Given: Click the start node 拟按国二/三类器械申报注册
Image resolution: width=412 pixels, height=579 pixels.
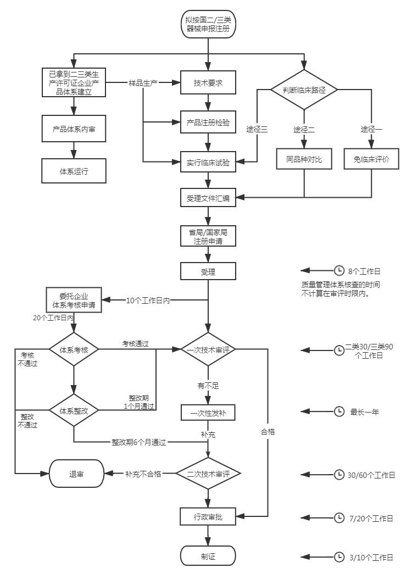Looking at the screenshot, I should (208, 24).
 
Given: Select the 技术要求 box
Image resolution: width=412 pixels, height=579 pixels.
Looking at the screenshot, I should (208, 83).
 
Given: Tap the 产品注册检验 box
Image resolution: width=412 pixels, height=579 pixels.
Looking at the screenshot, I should (208, 122).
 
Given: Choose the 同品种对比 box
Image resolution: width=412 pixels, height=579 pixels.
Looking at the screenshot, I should (304, 159).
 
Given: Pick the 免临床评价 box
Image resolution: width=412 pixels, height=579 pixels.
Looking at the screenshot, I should (371, 159).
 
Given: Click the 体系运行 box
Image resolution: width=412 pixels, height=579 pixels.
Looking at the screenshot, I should (74, 171).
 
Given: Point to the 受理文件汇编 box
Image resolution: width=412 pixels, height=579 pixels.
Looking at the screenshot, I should (208, 198).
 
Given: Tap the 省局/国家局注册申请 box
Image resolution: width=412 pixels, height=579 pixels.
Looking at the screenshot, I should (208, 236).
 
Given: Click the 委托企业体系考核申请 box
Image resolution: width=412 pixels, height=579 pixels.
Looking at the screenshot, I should (74, 300).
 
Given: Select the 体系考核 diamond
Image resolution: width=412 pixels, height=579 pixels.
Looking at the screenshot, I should (74, 349).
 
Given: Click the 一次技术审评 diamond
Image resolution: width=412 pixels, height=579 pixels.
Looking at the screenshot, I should (208, 349).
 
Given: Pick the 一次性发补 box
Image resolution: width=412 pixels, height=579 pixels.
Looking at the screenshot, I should (208, 413).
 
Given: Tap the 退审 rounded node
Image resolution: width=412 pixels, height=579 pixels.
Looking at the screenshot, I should (76, 474).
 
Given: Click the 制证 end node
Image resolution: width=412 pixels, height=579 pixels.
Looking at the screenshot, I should (208, 556).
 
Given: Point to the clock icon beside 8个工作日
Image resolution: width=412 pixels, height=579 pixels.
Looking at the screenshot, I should (339, 271).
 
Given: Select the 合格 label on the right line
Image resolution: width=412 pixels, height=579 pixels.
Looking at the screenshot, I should (268, 432).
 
